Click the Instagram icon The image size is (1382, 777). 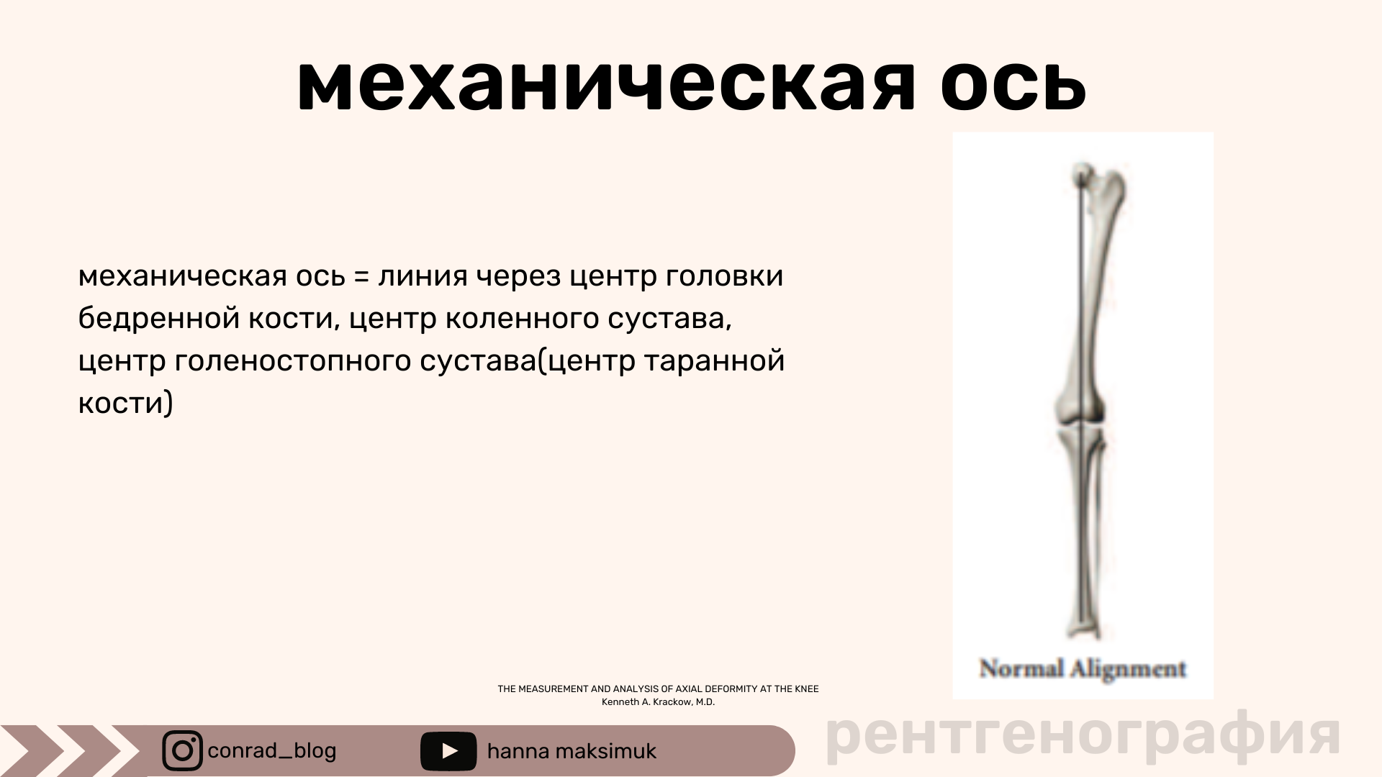[183, 751]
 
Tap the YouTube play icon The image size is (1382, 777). [448, 751]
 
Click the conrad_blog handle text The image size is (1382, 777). [272, 751]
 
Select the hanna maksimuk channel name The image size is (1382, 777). [572, 751]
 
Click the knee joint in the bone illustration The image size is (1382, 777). [1079, 424]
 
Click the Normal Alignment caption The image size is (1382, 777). [1083, 669]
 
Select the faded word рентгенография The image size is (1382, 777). [1083, 735]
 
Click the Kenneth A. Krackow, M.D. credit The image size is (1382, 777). [658, 702]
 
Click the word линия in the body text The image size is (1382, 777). [423, 276]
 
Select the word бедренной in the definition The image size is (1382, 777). [159, 318]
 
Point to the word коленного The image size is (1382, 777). [522, 318]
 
